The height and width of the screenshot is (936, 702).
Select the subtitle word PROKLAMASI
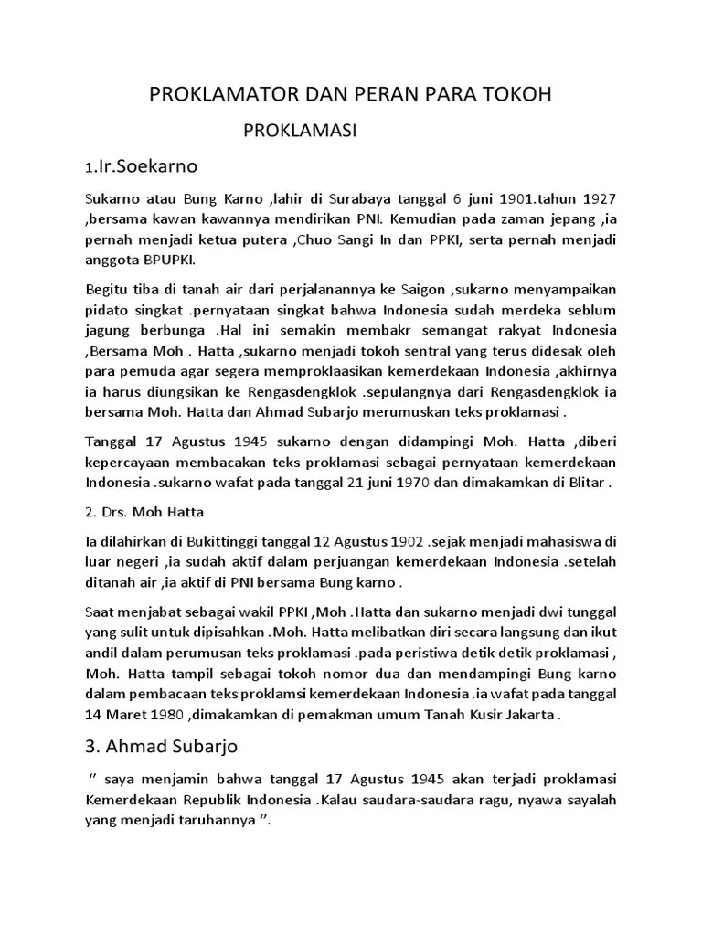tap(299, 132)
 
